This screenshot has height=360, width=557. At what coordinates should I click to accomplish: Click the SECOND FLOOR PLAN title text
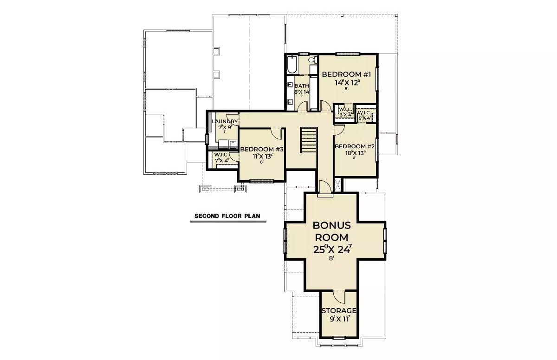(x=227, y=216)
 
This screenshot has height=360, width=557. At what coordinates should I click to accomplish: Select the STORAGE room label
(x=339, y=311)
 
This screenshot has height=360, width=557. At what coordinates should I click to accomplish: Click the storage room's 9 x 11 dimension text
(x=339, y=319)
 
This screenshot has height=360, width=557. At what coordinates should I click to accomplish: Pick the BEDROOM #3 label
(x=262, y=149)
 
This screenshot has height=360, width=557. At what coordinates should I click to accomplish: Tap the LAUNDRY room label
(x=225, y=122)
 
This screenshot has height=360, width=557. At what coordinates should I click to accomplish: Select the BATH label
(x=301, y=86)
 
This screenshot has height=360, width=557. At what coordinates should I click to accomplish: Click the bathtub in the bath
(x=292, y=65)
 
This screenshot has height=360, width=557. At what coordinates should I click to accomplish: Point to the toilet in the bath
(x=311, y=60)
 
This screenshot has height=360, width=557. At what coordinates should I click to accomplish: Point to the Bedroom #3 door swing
(x=277, y=133)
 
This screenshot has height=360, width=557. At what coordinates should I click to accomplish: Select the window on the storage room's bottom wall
(x=339, y=337)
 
